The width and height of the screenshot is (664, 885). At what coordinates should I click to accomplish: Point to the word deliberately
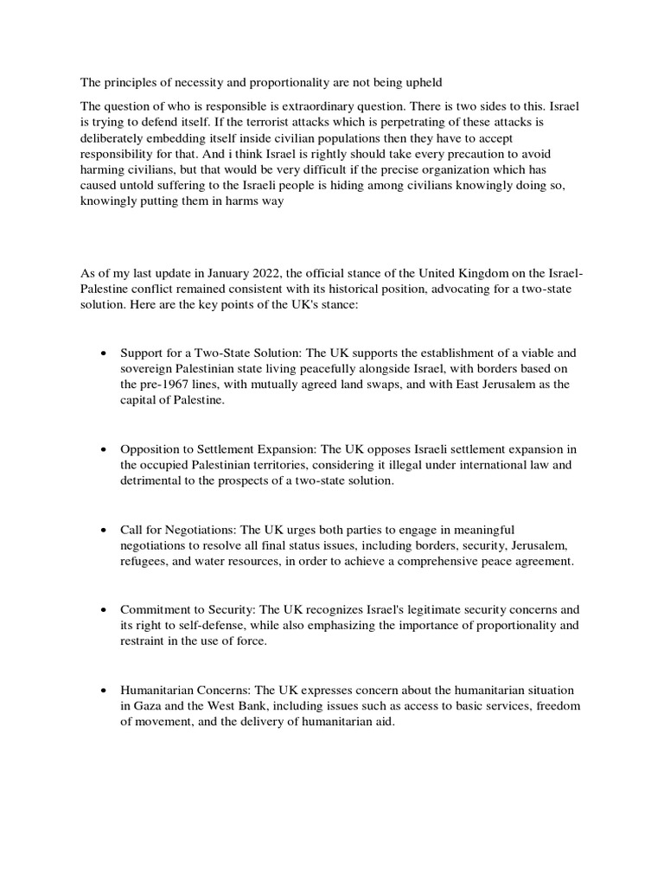(x=114, y=138)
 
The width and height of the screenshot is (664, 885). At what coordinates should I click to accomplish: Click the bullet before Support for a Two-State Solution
(x=104, y=354)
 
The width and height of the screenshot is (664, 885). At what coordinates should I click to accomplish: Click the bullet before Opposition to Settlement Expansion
(x=104, y=450)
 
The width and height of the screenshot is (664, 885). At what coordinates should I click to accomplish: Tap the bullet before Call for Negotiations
(x=104, y=530)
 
